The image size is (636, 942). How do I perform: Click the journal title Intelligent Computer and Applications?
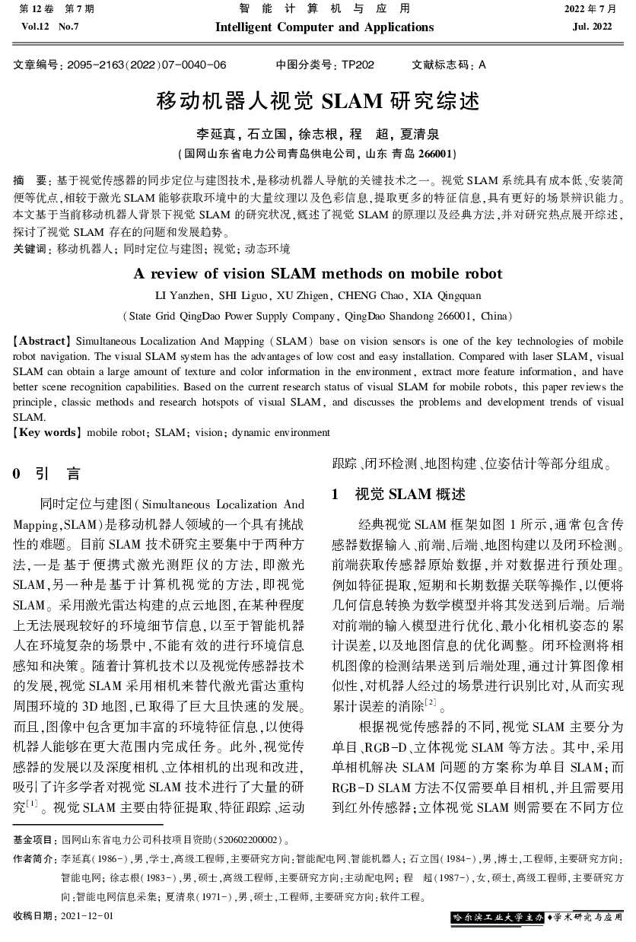click(x=325, y=27)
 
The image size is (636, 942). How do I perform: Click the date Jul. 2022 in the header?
click(x=592, y=27)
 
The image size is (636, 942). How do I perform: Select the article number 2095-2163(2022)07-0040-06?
click(x=146, y=65)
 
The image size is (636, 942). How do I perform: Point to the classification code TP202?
click(x=358, y=65)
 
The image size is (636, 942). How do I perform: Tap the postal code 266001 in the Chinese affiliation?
click(x=436, y=153)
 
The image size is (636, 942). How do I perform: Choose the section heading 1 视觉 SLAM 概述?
click(x=398, y=494)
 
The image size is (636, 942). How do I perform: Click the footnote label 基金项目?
click(x=35, y=840)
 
